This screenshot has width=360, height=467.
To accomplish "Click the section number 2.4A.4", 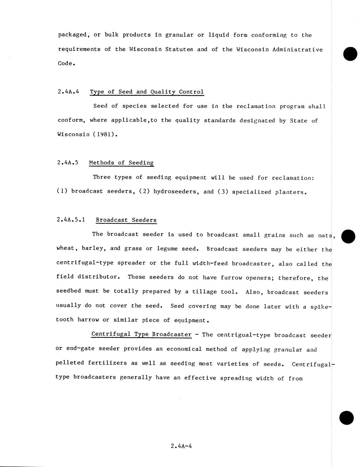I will pos(68,92).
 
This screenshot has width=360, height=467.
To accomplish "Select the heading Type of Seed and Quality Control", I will pos(147,92).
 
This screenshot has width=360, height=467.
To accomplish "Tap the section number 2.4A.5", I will pos(68,163).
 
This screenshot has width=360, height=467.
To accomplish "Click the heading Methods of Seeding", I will pos(121,163).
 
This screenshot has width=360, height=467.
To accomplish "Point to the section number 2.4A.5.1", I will pos(70,220).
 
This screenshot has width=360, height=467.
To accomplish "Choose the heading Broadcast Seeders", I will pos(126,220).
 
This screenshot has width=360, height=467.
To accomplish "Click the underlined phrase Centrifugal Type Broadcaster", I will pos(141,334).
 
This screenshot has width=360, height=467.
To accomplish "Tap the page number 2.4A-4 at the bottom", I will pos(182,446).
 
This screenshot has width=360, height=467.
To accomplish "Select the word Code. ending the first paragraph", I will pos(66,63).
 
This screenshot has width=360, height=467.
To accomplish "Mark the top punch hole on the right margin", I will pos(350,54).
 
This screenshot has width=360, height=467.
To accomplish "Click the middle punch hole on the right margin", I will pos(348,236).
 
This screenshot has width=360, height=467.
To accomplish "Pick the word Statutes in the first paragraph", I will pos(179,49).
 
